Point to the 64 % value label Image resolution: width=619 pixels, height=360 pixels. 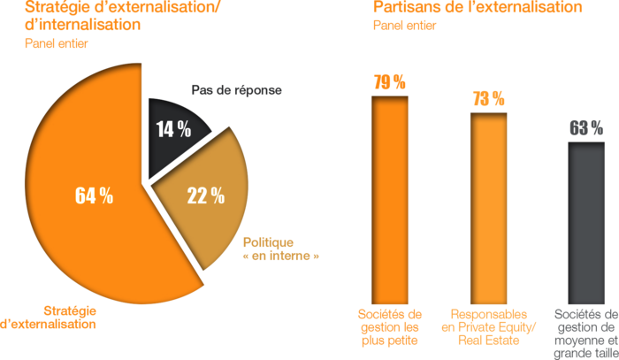(94, 196)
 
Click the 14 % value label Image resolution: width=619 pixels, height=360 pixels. (173, 129)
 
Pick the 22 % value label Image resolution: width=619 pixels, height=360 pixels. (205, 195)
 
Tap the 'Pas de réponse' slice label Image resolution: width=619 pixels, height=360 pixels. (236, 89)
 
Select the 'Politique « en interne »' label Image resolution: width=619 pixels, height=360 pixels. (280, 249)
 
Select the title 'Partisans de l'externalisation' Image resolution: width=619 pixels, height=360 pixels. (478, 8)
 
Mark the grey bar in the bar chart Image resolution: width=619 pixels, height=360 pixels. (586, 221)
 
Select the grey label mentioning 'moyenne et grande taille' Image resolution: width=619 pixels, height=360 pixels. (586, 333)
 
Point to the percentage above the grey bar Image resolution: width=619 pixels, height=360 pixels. (585, 127)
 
